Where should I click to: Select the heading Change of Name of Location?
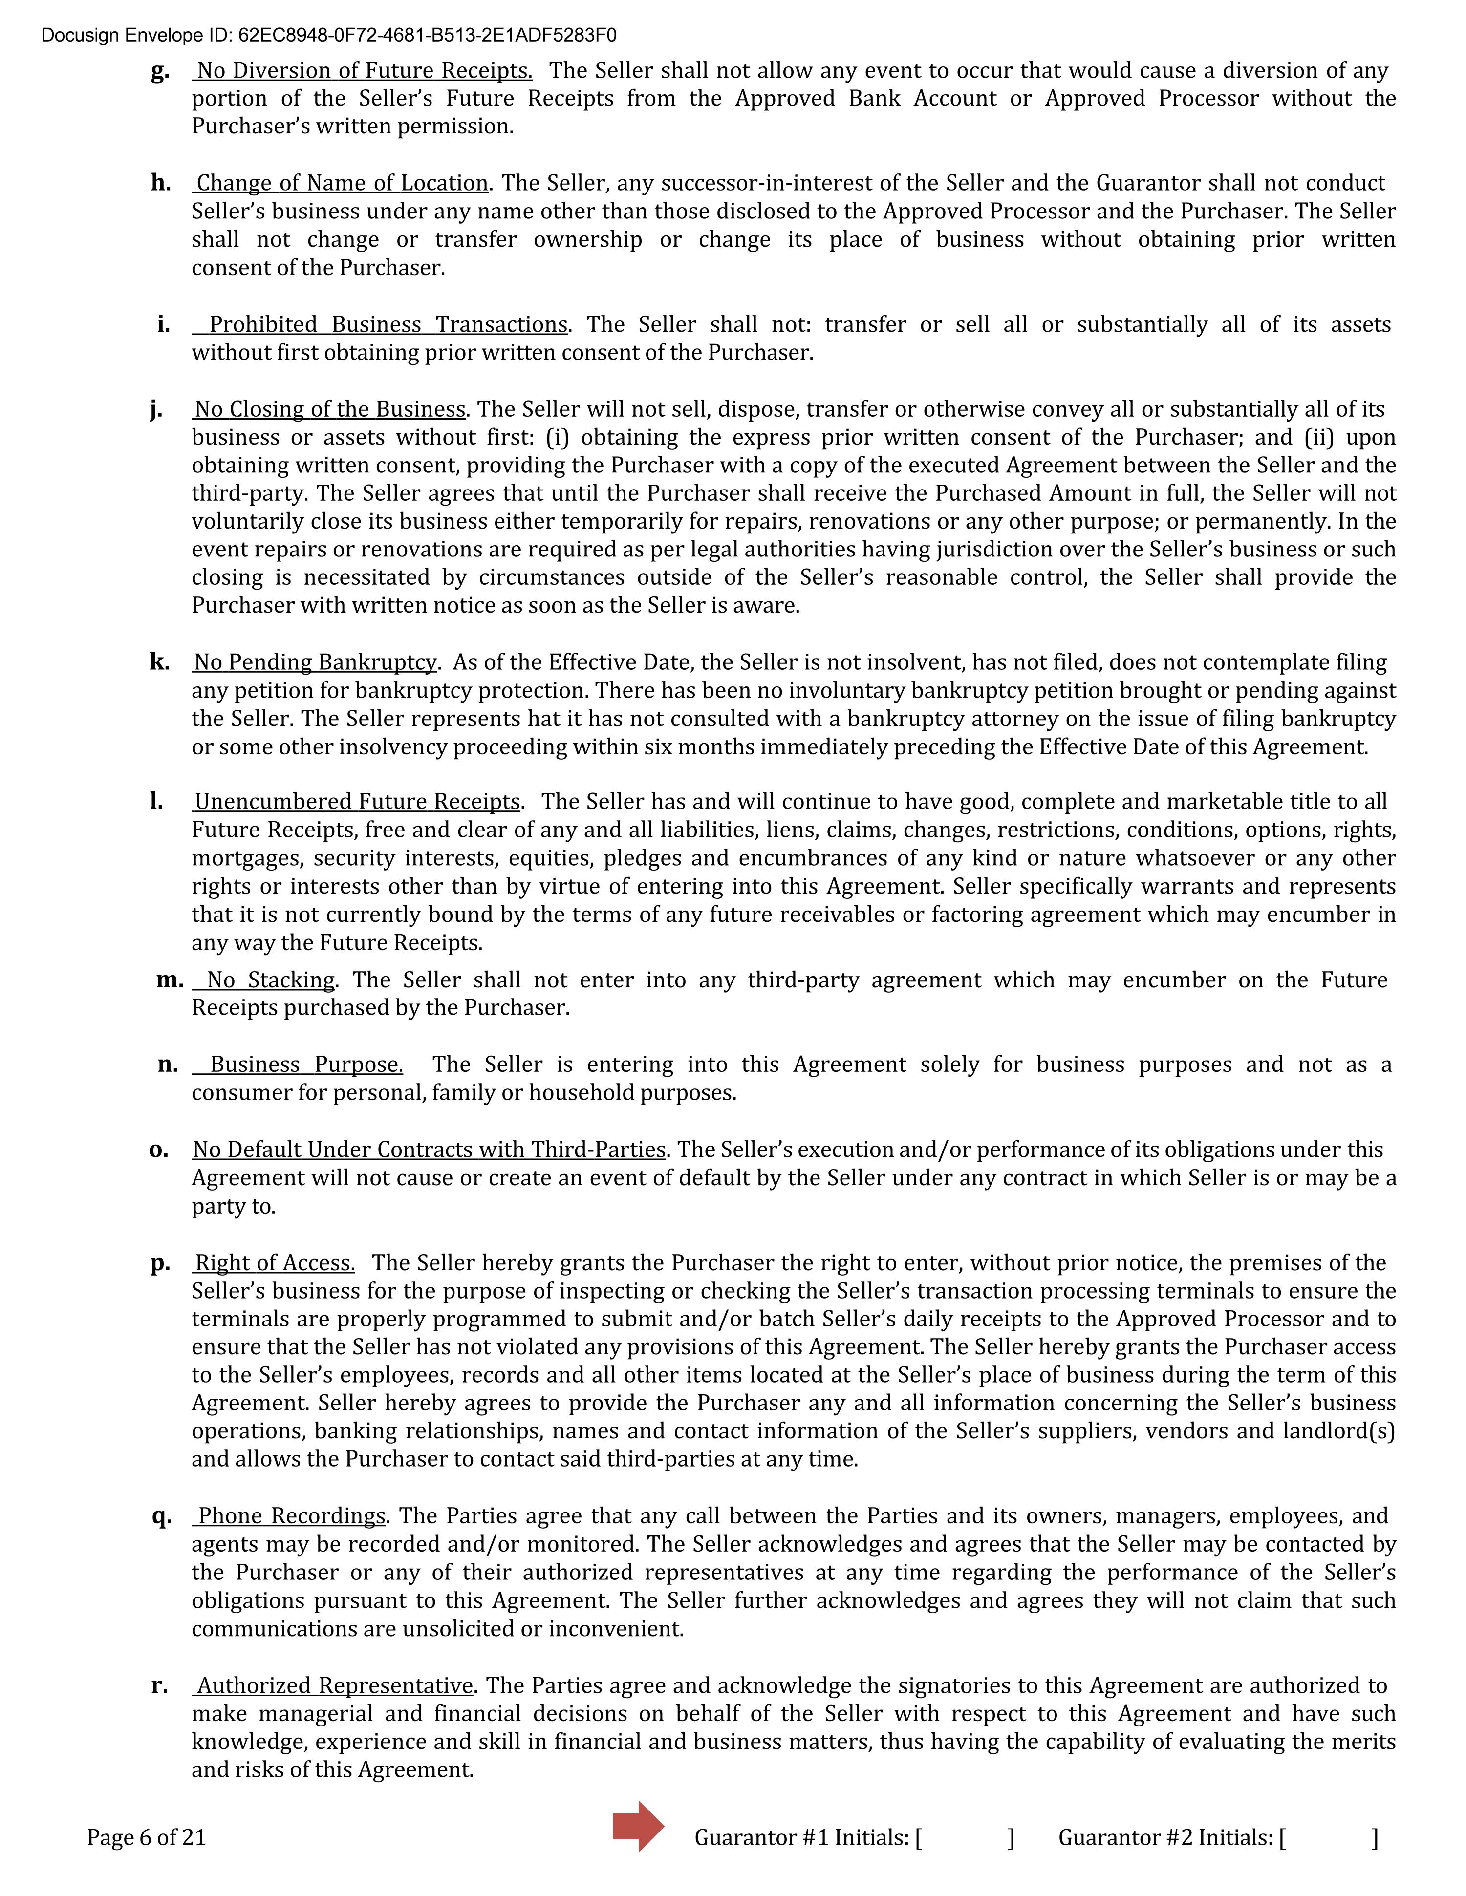pyautogui.click(x=342, y=183)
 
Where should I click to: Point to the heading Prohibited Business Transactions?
pyautogui.click(x=388, y=325)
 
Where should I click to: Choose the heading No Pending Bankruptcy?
pyautogui.click(x=314, y=662)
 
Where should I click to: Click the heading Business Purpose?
pyautogui.click(x=306, y=1065)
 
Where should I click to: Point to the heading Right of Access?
pyautogui.click(x=275, y=1263)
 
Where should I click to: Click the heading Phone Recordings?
pyautogui.click(x=292, y=1516)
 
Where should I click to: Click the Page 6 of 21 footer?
pyautogui.click(x=146, y=1838)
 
